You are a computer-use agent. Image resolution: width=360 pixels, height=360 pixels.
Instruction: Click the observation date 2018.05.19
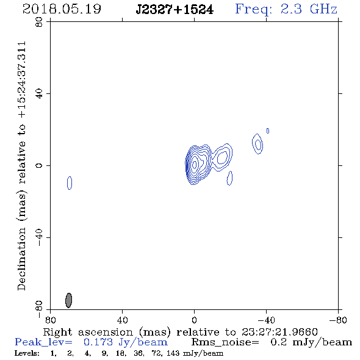[x=62, y=9]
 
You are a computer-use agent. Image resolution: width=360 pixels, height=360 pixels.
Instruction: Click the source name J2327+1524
[x=175, y=10]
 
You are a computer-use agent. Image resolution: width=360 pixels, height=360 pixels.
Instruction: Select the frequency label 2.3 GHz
[x=309, y=9]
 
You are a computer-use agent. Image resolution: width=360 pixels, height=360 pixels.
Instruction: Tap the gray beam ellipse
[x=69, y=300]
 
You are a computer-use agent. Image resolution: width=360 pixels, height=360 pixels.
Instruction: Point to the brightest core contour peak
[x=195, y=164]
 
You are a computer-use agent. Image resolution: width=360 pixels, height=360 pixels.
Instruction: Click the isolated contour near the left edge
[x=70, y=183]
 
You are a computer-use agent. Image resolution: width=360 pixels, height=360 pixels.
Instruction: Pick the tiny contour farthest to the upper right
[x=268, y=131]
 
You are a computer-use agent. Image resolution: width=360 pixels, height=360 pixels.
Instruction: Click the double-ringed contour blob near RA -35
[x=257, y=144]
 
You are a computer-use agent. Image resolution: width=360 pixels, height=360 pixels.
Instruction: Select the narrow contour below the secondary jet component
[x=229, y=178]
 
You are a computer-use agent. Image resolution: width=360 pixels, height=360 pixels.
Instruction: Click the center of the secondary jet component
[x=221, y=157]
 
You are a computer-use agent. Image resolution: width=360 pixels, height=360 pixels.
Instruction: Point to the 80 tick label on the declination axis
[x=39, y=22]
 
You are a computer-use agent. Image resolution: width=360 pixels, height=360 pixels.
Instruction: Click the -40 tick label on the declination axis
[x=39, y=237]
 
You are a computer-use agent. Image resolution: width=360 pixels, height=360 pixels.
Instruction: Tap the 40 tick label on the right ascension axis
[x=122, y=320]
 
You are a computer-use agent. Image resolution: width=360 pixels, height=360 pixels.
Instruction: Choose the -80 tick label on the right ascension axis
[x=338, y=320]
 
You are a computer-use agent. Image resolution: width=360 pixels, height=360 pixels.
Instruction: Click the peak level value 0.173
[x=98, y=342]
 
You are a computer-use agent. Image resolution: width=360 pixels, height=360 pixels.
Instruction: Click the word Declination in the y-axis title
[x=21, y=259]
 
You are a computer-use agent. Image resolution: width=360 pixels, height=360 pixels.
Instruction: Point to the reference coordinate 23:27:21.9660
[x=279, y=332]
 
